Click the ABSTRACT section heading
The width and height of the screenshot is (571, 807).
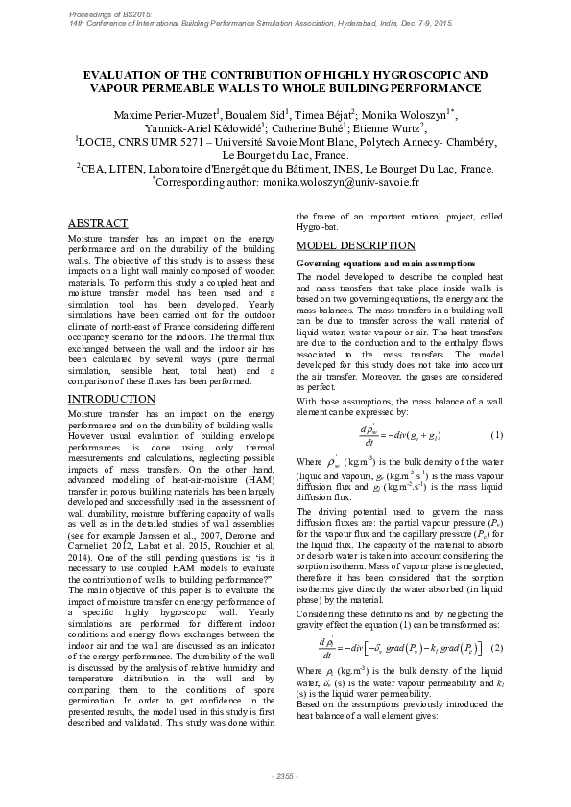100,223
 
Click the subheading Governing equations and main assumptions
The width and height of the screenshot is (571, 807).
370,263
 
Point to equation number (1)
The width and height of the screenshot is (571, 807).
497,436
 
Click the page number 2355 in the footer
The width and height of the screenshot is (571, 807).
285,775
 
